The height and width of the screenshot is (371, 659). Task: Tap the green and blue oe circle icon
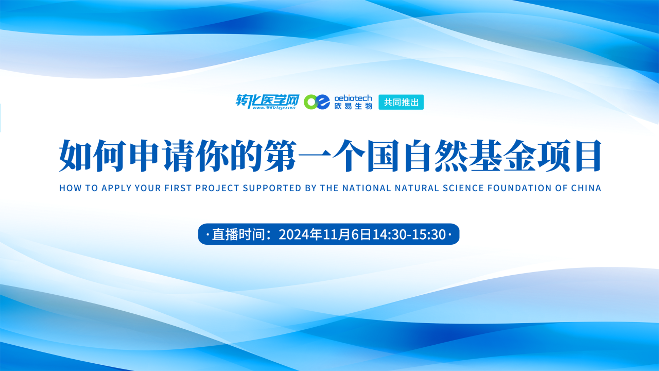[x=317, y=102]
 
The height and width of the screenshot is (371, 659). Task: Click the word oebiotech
[x=353, y=98]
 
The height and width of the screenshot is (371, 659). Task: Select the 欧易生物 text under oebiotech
[x=353, y=106]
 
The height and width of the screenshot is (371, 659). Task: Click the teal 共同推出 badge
[x=401, y=102]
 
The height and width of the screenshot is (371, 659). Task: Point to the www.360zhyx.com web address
[x=273, y=108]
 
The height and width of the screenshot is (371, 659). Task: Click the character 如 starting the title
[x=76, y=156]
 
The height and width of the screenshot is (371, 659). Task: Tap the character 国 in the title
[x=384, y=156]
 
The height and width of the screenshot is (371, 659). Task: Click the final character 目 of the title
[x=585, y=156]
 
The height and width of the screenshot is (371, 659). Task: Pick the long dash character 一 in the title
[x=315, y=156]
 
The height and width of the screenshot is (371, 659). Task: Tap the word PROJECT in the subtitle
[x=217, y=188]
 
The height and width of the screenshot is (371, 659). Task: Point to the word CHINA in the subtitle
[x=586, y=188]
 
